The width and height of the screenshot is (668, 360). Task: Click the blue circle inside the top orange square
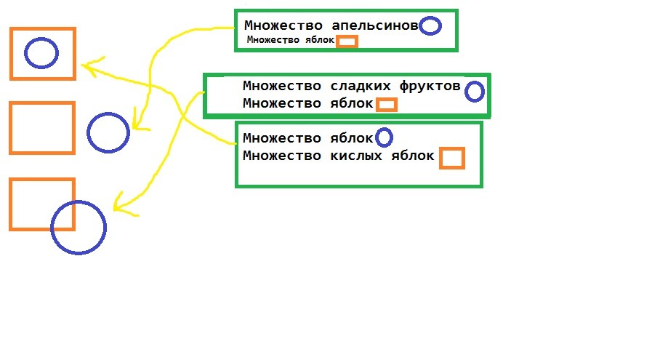tap(41, 52)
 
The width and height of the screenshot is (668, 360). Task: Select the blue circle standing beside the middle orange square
tap(108, 132)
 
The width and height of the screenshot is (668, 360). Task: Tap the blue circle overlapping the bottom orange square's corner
tap(79, 227)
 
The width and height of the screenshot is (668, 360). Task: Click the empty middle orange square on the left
tap(42, 128)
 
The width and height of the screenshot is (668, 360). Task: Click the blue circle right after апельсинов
tap(430, 26)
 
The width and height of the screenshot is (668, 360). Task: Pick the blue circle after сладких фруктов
tap(474, 92)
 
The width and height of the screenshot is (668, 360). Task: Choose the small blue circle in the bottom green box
tap(383, 137)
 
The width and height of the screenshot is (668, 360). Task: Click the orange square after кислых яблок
tap(451, 158)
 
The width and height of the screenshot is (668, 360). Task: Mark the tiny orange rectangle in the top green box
tap(347, 41)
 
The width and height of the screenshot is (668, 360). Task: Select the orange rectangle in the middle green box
tap(387, 105)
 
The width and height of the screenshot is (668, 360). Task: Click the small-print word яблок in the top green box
tap(319, 41)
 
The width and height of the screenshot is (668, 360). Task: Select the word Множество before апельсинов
tap(279, 25)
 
